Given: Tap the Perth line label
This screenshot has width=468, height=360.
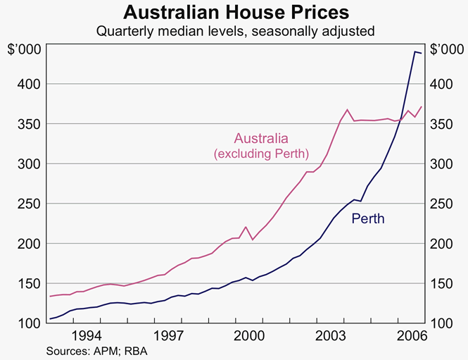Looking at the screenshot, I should pyautogui.click(x=368, y=219).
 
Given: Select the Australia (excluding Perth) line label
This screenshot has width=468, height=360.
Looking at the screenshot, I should pyautogui.click(x=261, y=144).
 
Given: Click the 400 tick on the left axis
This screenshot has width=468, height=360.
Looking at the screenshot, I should pyautogui.click(x=27, y=84).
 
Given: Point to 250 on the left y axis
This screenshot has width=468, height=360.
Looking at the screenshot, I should pyautogui.click(x=27, y=204).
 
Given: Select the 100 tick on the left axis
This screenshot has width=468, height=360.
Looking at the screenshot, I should pyautogui.click(x=27, y=323).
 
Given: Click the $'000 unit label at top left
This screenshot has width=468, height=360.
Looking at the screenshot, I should pyautogui.click(x=23, y=49).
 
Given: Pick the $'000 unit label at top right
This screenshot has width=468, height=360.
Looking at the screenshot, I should pyautogui.click(x=447, y=49).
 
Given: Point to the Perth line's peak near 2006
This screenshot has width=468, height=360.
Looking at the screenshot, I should pyautogui.click(x=415, y=51).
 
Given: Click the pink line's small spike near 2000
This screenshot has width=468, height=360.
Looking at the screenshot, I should pyautogui.click(x=246, y=227).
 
